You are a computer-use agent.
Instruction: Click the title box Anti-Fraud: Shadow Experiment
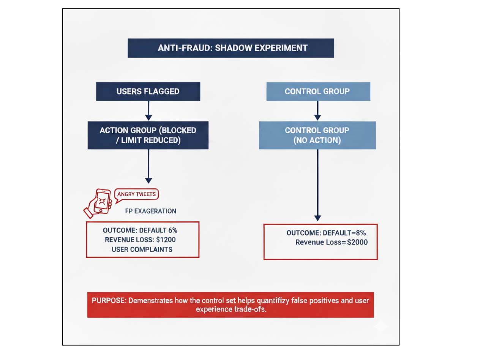[x=231, y=48]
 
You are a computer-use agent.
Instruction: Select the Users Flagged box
[x=148, y=92]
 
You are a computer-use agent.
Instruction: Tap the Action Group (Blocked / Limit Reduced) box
[x=148, y=135]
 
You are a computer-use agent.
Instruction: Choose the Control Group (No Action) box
[x=317, y=135]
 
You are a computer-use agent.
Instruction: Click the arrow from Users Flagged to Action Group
[x=148, y=111]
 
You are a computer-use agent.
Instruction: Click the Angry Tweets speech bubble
[x=136, y=195]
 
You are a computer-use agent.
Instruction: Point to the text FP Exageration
[x=150, y=211]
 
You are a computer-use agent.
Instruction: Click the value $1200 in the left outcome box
[x=165, y=240]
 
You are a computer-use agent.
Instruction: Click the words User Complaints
[x=142, y=249]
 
